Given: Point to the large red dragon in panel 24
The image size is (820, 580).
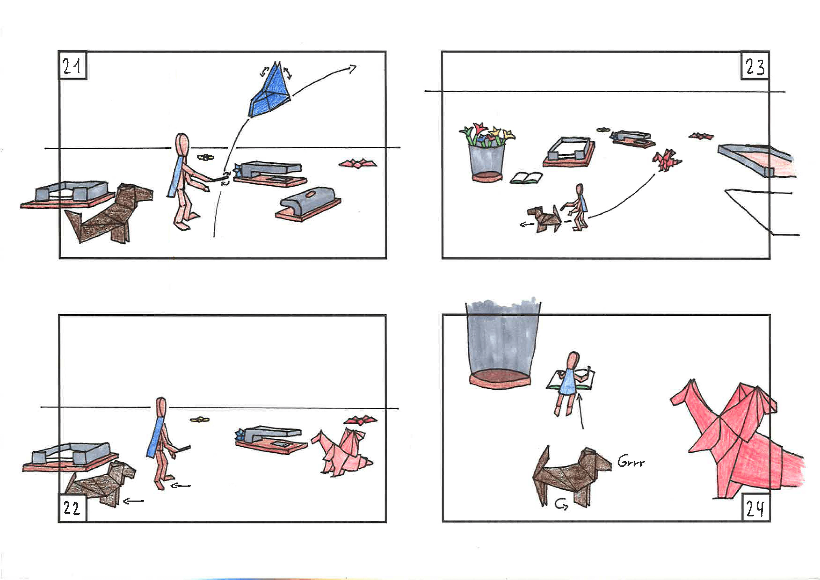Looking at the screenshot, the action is [x=736, y=439].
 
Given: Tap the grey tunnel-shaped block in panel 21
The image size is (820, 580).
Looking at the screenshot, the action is [x=308, y=204].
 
